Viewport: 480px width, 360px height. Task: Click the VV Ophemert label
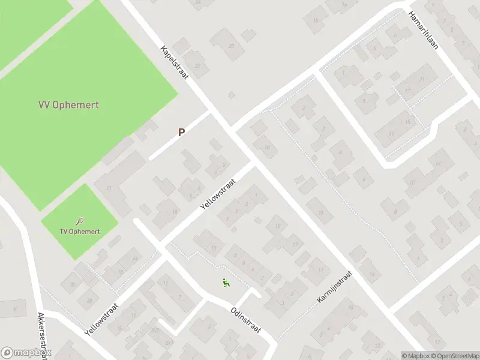(68, 105)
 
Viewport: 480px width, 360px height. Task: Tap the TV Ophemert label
(79, 232)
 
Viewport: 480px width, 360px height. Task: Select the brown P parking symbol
(181, 133)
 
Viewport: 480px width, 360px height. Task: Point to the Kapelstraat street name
(175, 64)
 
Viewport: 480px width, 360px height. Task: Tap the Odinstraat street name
(246, 321)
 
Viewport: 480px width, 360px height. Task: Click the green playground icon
(226, 283)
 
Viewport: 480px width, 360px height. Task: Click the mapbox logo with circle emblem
(26, 352)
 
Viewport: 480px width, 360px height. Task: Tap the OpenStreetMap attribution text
(455, 355)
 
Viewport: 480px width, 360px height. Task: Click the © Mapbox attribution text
(416, 355)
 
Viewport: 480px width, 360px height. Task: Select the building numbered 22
(197, 65)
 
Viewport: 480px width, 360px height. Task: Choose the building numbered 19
(277, 226)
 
